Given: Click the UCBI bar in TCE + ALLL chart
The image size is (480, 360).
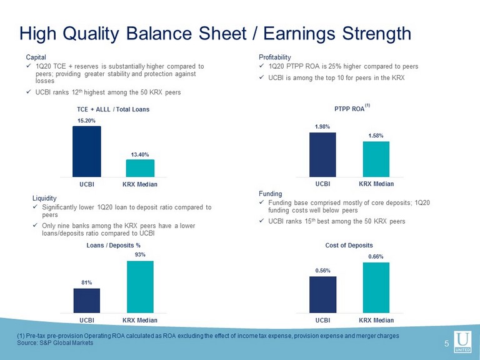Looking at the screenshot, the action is tap(87, 151).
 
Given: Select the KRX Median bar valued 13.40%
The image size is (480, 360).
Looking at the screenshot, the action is tap(140, 168).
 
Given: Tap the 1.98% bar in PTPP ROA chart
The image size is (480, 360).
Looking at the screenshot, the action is tap(322, 154).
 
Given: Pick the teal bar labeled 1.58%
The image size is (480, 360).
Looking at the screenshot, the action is tap(376, 159).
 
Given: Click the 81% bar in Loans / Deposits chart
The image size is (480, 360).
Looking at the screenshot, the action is tap(87, 301).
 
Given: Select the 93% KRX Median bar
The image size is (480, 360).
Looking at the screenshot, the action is tap(140, 287).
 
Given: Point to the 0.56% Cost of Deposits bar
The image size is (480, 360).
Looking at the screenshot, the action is tap(322, 294).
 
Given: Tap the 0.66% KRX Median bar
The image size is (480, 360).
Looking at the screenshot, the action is tap(376, 287).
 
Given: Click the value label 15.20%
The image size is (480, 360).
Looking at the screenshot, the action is tap(86, 121).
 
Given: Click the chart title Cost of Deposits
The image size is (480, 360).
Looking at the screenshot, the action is tap(349, 245).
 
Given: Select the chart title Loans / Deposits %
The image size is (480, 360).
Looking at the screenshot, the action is tap(113, 245).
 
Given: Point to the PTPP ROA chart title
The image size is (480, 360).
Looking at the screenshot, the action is tap(349, 109).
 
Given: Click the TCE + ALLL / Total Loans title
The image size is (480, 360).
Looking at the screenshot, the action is tap(113, 109).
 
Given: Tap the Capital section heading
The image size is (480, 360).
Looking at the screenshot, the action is tap(36, 57).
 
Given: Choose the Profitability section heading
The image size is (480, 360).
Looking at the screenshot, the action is tap(275, 57).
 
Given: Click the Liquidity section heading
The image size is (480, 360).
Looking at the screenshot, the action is tap(44, 198).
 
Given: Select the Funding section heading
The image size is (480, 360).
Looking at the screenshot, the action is tap(270, 194).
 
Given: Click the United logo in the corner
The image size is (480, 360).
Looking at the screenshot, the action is tap(462, 341).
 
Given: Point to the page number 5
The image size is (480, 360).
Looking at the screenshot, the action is tap(447, 344).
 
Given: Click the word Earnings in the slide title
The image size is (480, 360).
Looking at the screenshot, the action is tap(299, 33).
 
